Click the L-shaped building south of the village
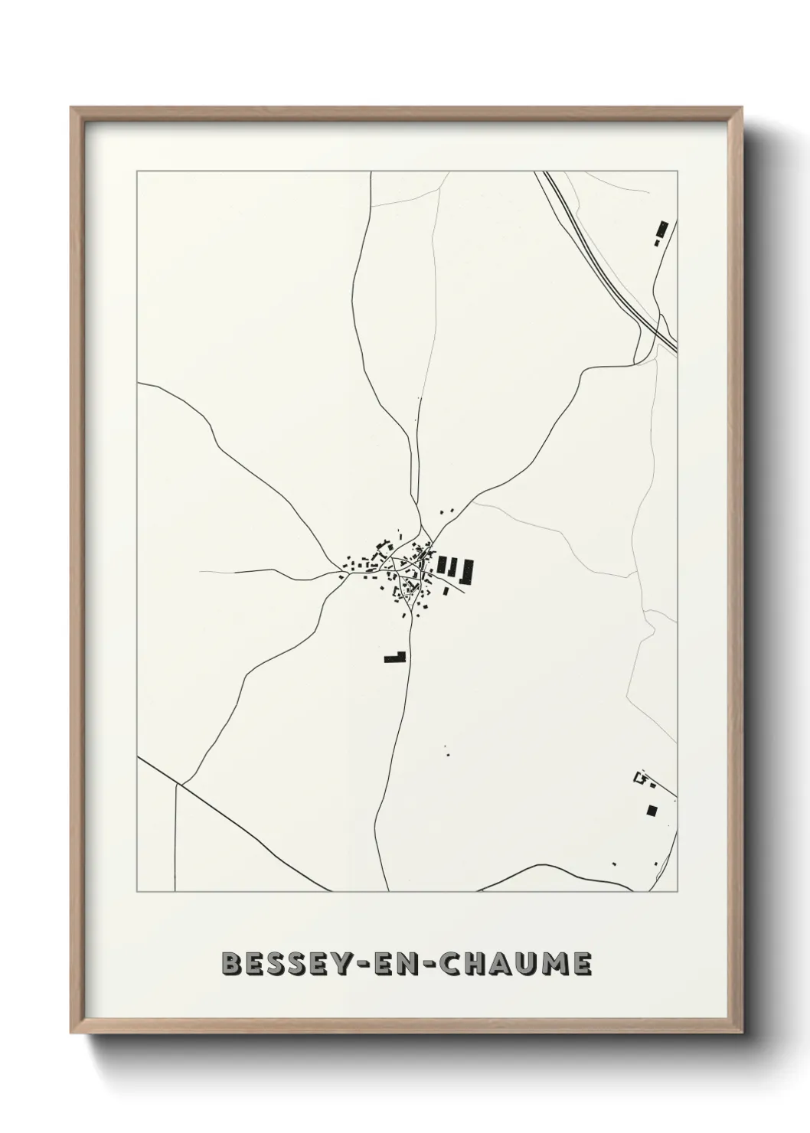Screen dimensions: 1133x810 pyautogui.click(x=395, y=656)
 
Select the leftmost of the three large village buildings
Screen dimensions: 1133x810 pyautogui.click(x=441, y=565)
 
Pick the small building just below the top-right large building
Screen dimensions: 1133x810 pyautogui.click(x=657, y=242)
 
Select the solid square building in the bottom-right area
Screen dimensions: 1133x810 pyautogui.click(x=652, y=810)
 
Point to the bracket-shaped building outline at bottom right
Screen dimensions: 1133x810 pyautogui.click(x=639, y=779)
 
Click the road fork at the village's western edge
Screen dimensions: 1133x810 pyautogui.click(x=342, y=573)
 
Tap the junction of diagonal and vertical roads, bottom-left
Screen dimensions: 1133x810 pyautogui.click(x=181, y=783)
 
